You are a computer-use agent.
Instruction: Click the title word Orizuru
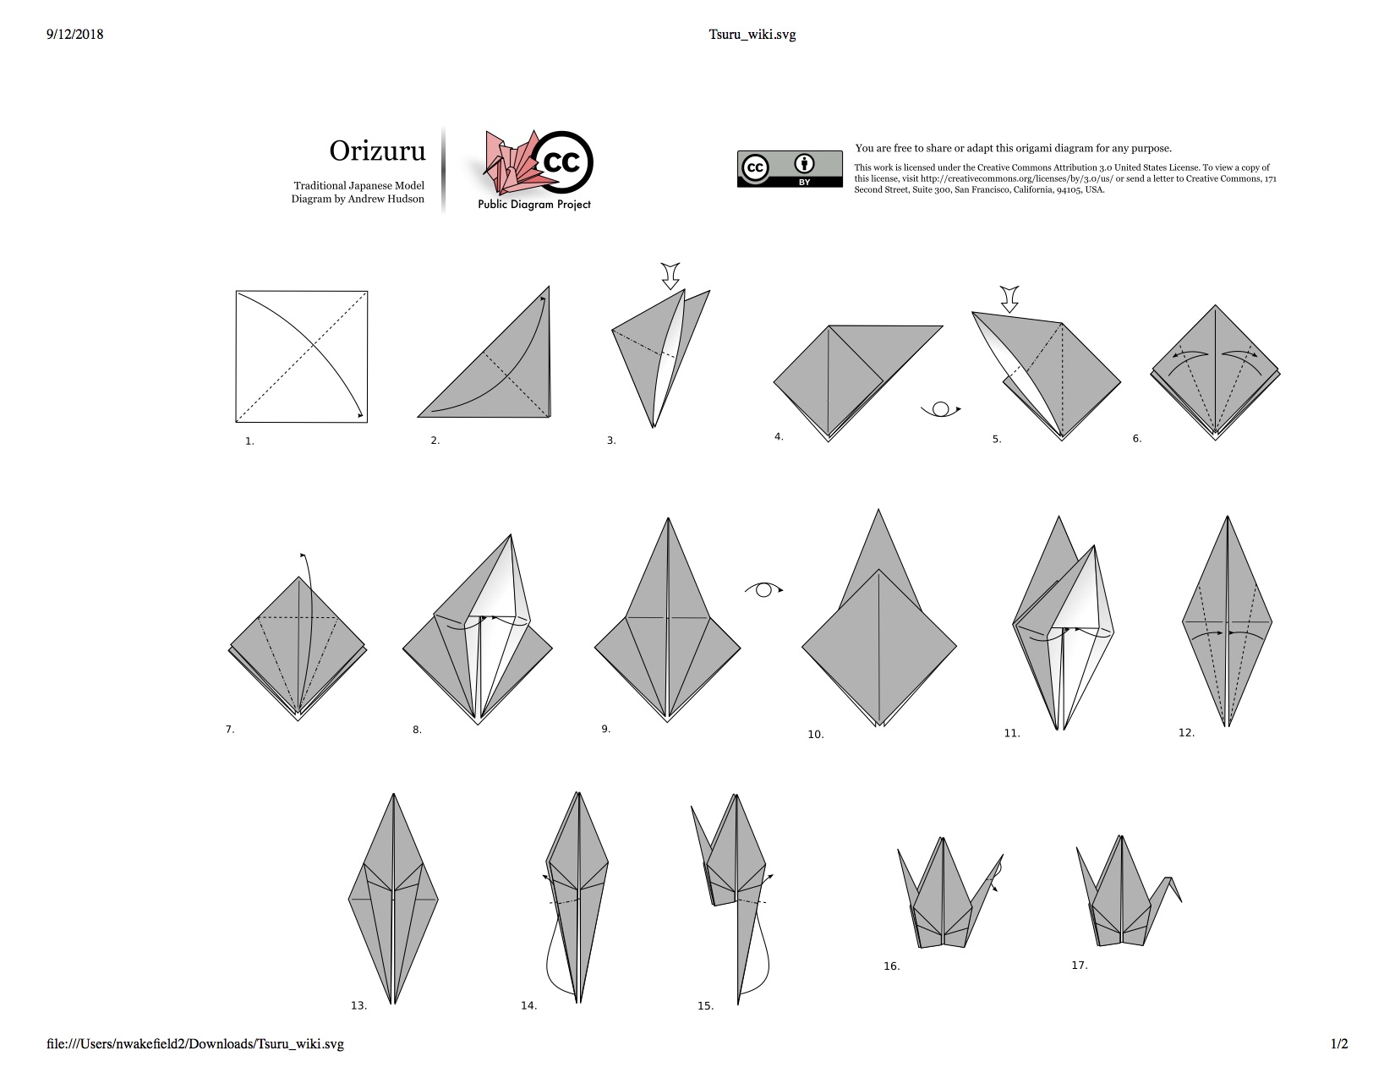coord(377,150)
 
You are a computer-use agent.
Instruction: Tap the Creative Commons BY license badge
coord(790,169)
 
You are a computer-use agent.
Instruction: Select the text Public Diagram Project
coord(534,205)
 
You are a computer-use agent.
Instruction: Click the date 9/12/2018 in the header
coord(74,35)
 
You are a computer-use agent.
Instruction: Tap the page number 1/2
coord(1339,1044)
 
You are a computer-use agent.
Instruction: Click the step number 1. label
coord(249,441)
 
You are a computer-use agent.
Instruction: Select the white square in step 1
coord(302,356)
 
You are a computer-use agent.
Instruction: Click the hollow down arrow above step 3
coord(670,276)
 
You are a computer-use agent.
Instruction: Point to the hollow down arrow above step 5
coord(1009,299)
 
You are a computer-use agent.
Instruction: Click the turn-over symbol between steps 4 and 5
coord(941,409)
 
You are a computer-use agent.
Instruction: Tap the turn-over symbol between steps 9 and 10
coord(764,589)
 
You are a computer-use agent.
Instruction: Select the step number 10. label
coord(815,735)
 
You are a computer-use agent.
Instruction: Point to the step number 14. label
coord(529,1006)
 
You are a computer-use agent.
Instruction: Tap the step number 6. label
coord(1137,439)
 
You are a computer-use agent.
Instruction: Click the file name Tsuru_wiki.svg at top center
coord(752,35)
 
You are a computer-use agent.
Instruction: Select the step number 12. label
coord(1186,732)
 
